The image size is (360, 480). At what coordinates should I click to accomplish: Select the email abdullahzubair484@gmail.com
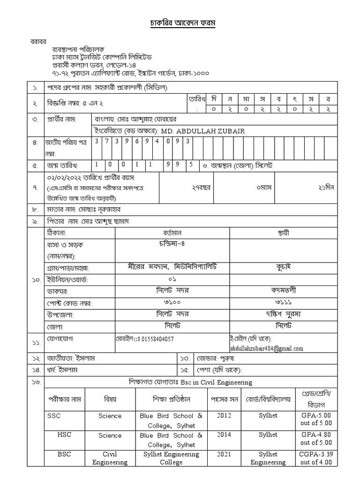[266, 348]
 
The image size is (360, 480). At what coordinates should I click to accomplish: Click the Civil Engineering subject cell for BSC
[110, 458]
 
